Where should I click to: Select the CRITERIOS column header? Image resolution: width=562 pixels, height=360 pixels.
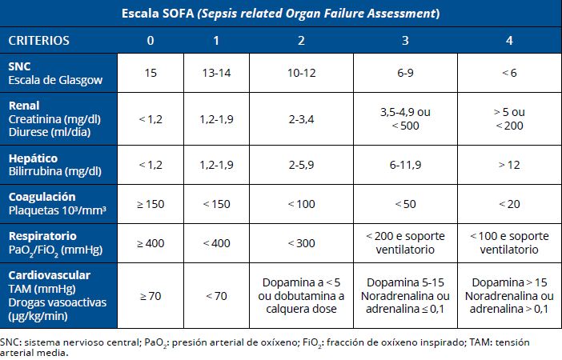[x=38, y=40]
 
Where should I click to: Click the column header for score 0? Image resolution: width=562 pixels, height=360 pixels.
[x=151, y=40]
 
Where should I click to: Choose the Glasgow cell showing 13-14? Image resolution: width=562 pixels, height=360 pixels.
[x=216, y=73]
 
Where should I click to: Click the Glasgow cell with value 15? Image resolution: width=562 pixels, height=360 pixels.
[x=151, y=73]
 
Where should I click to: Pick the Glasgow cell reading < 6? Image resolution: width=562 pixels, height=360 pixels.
[x=509, y=73]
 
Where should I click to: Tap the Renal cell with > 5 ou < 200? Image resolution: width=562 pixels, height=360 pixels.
[x=509, y=118]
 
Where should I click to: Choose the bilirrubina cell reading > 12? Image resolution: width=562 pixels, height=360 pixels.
[x=509, y=165]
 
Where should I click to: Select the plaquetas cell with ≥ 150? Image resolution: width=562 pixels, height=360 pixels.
[x=151, y=204]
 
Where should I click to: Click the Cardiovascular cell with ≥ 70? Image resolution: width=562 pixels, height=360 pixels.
[x=151, y=296]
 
